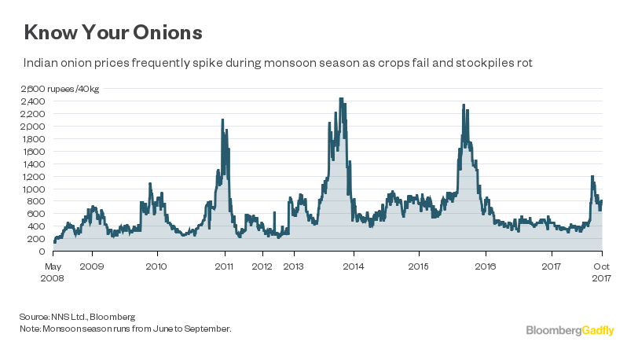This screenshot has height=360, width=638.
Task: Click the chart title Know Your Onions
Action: click(113, 32)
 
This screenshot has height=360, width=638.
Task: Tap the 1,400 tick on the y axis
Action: click(35, 164)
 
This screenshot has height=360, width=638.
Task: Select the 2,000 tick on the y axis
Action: click(35, 127)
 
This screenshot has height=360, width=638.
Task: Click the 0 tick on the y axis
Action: click(44, 252)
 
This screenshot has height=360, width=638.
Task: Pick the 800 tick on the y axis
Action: click(38, 202)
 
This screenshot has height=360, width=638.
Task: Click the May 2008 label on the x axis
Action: click(53, 271)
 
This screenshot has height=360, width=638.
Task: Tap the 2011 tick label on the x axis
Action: click(225, 265)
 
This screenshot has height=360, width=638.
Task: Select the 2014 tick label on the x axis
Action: click(354, 265)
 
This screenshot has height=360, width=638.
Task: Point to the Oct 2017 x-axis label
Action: click(602, 271)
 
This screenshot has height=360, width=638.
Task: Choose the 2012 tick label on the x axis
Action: click(262, 265)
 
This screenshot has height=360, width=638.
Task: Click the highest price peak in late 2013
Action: click(341, 100)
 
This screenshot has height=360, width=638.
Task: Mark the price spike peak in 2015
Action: click(464, 105)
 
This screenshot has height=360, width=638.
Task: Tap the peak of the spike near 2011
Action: click(223, 119)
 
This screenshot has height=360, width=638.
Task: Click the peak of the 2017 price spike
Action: click(592, 176)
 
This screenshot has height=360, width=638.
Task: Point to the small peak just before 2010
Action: click(149, 184)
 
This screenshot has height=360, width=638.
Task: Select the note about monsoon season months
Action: click(126, 328)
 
